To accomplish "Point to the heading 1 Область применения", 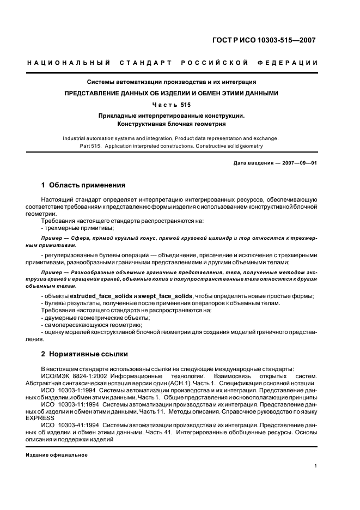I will click(83, 185).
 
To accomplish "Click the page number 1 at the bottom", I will click(316, 466).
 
